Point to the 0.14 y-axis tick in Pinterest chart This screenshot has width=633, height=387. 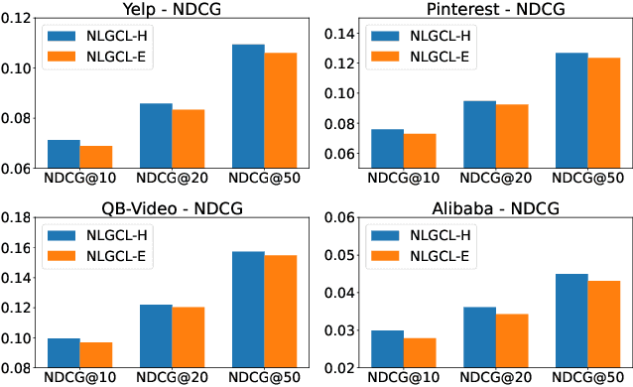340,34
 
